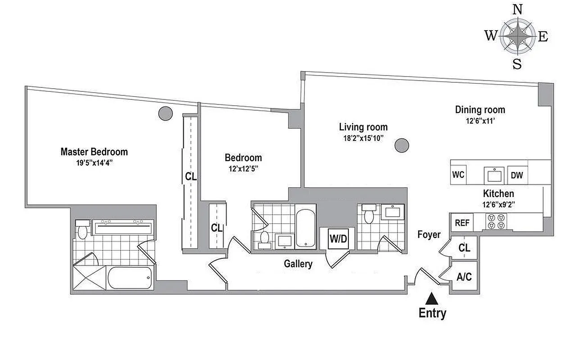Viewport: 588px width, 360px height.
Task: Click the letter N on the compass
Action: [518, 9]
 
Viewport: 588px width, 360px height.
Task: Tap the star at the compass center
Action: [518, 36]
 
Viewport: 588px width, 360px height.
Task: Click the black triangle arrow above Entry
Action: [432, 297]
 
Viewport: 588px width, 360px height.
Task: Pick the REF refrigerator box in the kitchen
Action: [462, 222]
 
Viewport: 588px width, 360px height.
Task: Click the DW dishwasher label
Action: [517, 175]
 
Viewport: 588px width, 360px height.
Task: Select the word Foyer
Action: [429, 234]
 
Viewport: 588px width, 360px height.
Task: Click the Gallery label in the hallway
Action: [298, 264]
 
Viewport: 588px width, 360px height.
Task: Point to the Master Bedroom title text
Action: [94, 152]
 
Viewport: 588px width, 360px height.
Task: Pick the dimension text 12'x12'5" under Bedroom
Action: [243, 169]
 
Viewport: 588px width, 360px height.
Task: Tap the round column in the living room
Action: [402, 145]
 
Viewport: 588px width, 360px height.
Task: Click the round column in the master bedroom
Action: [165, 113]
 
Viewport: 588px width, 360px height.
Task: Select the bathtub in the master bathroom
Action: [130, 278]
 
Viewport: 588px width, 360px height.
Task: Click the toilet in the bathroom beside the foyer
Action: [369, 215]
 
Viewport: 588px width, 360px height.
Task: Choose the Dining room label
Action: [480, 109]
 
